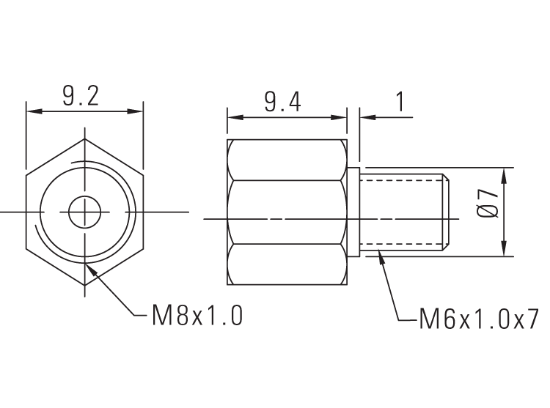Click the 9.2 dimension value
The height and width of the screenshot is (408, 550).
pyautogui.click(x=81, y=97)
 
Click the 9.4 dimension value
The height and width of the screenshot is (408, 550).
pyautogui.click(x=283, y=102)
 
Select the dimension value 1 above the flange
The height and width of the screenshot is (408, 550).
pyautogui.click(x=400, y=102)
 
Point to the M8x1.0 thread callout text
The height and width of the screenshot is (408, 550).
pyautogui.click(x=197, y=316)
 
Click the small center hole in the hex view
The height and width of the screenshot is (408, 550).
pyautogui.click(x=85, y=212)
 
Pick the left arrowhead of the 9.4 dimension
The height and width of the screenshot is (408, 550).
pyautogui.click(x=235, y=116)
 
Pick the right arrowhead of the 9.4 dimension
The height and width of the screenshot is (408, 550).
pyautogui.click(x=340, y=116)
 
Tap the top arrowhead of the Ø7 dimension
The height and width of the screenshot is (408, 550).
pyautogui.click(x=505, y=174)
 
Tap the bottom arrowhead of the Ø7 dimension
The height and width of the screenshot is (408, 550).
pyautogui.click(x=505, y=250)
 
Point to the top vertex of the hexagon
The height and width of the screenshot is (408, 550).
pyautogui.click(x=85, y=139)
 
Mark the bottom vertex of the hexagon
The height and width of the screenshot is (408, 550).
pyautogui.click(x=85, y=285)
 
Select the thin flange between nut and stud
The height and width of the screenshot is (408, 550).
pyautogui.click(x=353, y=212)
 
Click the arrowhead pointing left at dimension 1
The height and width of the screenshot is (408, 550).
pyautogui.click(x=365, y=116)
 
